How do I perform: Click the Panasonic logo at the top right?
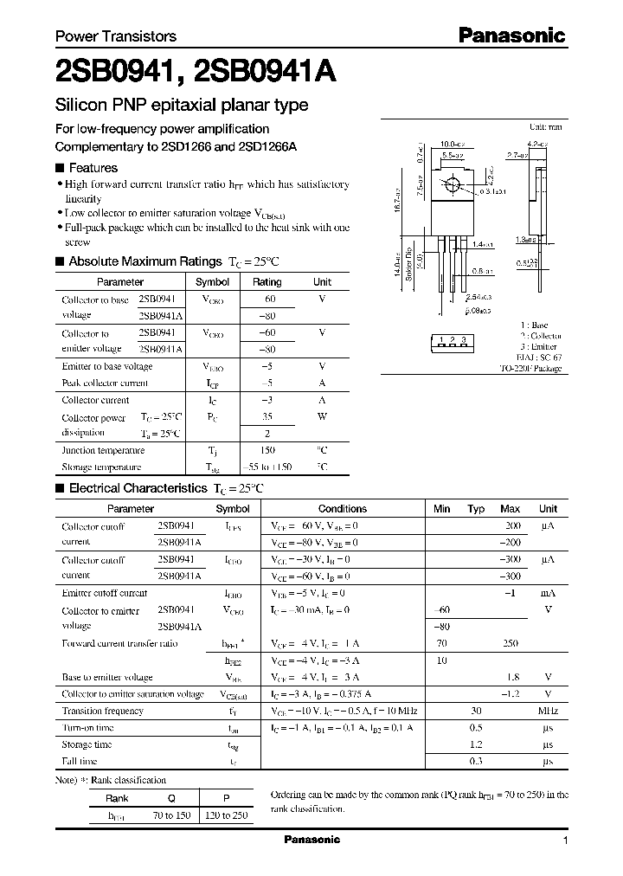click(x=511, y=35)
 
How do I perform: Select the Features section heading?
click(x=93, y=168)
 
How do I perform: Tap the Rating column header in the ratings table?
click(x=267, y=282)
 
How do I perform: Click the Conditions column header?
click(x=343, y=509)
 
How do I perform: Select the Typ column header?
click(x=476, y=509)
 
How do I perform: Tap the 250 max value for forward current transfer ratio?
click(x=511, y=644)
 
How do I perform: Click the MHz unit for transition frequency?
click(x=548, y=711)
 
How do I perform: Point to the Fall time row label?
click(x=80, y=761)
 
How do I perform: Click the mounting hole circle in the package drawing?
click(x=452, y=184)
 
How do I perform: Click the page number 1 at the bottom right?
click(x=565, y=841)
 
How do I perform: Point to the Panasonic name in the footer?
click(x=312, y=840)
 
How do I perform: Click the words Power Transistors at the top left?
click(x=116, y=36)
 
